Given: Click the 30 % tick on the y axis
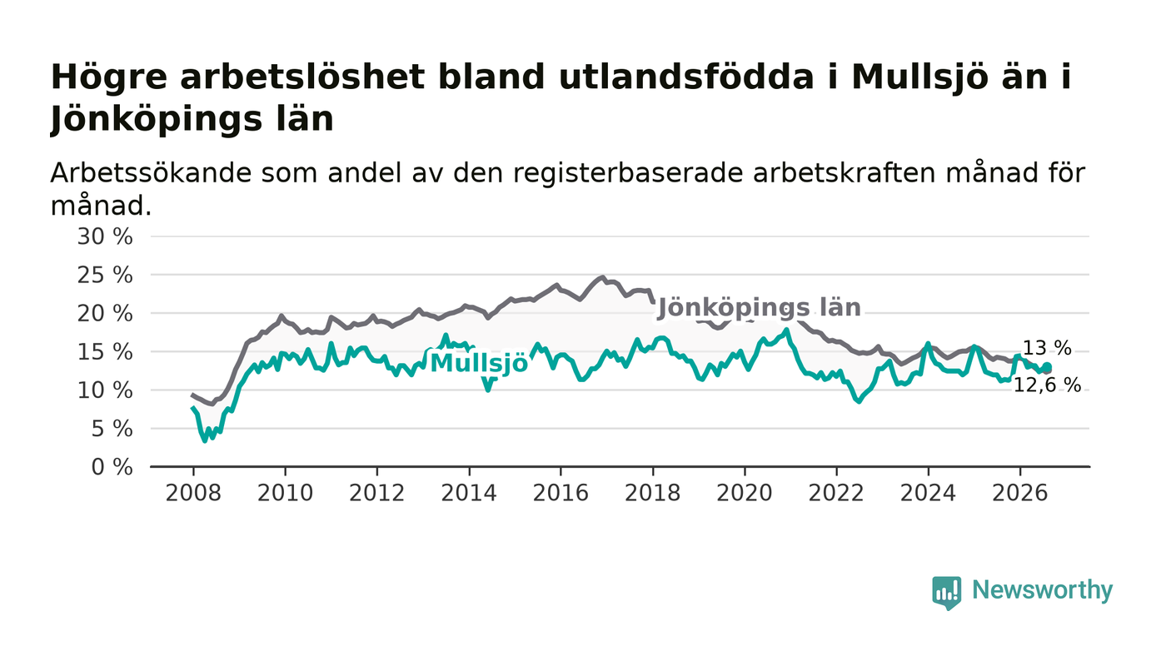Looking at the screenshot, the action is tap(105, 236).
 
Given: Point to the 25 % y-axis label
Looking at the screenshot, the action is tap(105, 276).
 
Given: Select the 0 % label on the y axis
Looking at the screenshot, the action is tap(112, 467).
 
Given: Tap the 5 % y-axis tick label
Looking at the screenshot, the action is tap(112, 429).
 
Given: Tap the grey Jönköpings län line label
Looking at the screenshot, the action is tap(760, 308).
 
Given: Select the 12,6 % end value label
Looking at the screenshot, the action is tap(1048, 385).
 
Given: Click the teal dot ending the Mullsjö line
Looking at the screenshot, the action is tap(1047, 367).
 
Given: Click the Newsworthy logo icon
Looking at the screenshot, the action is tap(947, 592).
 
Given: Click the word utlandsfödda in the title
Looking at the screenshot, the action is tap(686, 77).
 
